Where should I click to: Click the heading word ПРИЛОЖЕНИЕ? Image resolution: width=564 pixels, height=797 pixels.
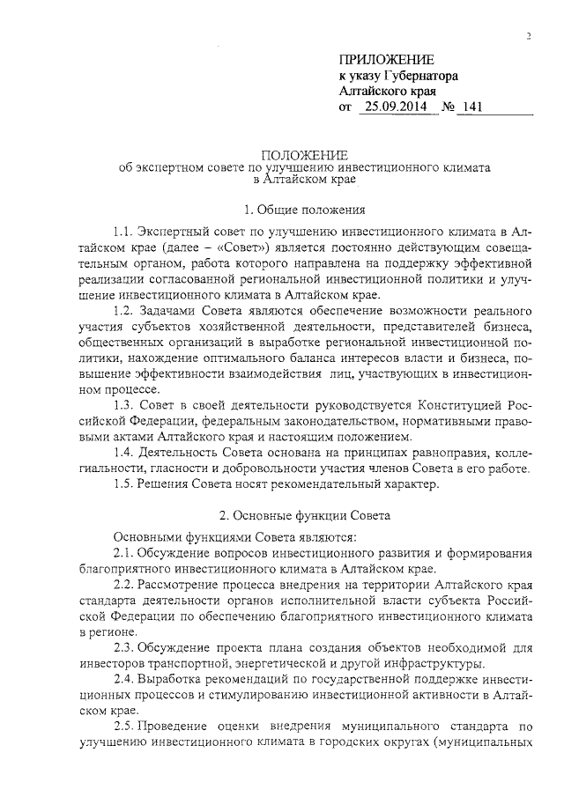point(387,59)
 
